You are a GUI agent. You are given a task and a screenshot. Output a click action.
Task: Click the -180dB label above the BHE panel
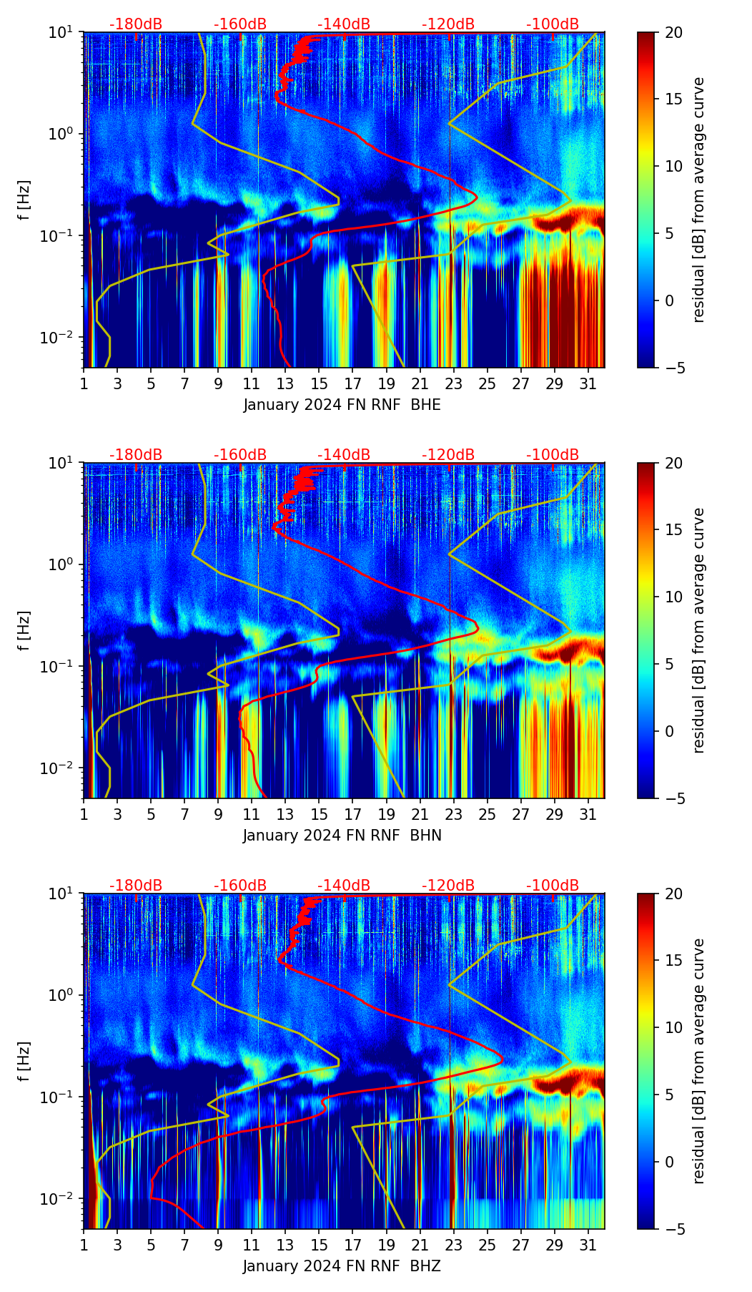(x=136, y=24)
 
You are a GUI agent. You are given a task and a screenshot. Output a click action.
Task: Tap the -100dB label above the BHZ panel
(x=553, y=886)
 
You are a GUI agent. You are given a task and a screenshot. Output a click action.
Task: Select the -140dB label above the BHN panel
(x=344, y=455)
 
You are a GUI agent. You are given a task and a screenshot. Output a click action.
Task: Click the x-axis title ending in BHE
(x=342, y=405)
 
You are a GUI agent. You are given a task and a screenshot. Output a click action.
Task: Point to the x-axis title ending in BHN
(x=342, y=836)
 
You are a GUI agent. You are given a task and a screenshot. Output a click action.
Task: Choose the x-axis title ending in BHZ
(x=342, y=1266)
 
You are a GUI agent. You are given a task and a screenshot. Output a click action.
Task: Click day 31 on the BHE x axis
(x=588, y=383)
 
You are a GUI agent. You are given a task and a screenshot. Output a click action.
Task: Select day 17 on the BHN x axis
(x=352, y=814)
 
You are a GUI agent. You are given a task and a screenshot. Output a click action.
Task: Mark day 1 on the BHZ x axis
(x=84, y=1245)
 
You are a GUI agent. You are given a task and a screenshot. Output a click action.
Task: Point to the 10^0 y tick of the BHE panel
(x=64, y=134)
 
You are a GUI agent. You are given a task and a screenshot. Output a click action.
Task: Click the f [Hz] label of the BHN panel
(x=25, y=630)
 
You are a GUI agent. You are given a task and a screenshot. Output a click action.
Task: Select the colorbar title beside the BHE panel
(x=698, y=200)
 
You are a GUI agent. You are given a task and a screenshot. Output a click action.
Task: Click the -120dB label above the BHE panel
(x=448, y=24)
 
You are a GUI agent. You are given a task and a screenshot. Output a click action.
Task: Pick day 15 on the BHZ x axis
(x=319, y=1245)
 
